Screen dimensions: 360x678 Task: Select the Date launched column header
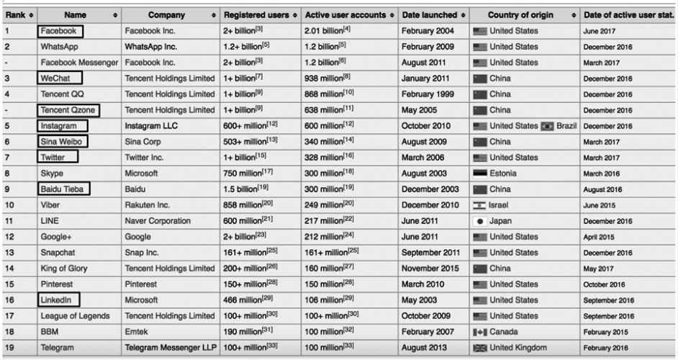tap(430, 15)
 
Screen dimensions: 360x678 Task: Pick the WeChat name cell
tap(59, 78)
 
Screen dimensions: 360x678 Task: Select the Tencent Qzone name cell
tap(68, 110)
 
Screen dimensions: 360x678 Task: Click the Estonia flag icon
tap(479, 174)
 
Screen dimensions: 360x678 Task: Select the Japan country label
tap(501, 220)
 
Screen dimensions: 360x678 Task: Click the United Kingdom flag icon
tap(479, 346)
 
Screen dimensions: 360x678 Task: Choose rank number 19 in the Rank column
tap(9, 346)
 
